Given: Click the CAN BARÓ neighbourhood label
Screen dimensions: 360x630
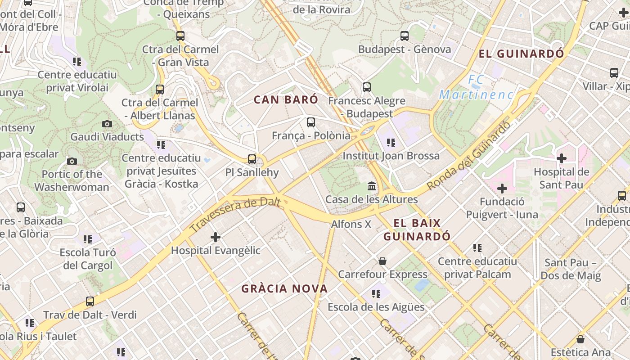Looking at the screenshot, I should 286,100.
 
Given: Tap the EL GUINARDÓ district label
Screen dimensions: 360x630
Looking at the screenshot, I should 521,54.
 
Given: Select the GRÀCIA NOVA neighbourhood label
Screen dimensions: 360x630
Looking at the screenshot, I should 284,289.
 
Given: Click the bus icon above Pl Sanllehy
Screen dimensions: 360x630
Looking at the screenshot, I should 252,159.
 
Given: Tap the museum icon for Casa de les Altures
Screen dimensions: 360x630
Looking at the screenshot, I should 372,186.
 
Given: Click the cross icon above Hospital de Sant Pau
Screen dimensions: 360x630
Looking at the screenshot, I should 561,158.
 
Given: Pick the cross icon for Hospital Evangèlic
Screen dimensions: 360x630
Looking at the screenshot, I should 216,237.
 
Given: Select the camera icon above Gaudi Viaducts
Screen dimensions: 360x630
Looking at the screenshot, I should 107,124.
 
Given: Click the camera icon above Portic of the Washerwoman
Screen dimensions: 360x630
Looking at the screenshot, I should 72,161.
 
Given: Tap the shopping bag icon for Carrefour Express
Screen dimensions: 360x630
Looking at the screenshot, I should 382,261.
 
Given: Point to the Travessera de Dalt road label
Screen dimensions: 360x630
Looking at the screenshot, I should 237,215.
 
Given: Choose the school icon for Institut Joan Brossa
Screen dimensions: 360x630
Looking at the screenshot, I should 391,143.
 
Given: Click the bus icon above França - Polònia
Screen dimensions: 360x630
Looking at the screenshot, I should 310,122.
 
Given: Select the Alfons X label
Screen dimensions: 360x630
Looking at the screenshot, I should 351,224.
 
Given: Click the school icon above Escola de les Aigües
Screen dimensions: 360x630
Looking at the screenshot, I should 376,294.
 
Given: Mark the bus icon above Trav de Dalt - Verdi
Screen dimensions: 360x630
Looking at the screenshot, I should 90,301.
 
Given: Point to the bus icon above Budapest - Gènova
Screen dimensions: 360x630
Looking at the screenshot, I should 405,36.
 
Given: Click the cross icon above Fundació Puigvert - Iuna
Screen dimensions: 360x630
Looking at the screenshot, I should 502,188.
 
